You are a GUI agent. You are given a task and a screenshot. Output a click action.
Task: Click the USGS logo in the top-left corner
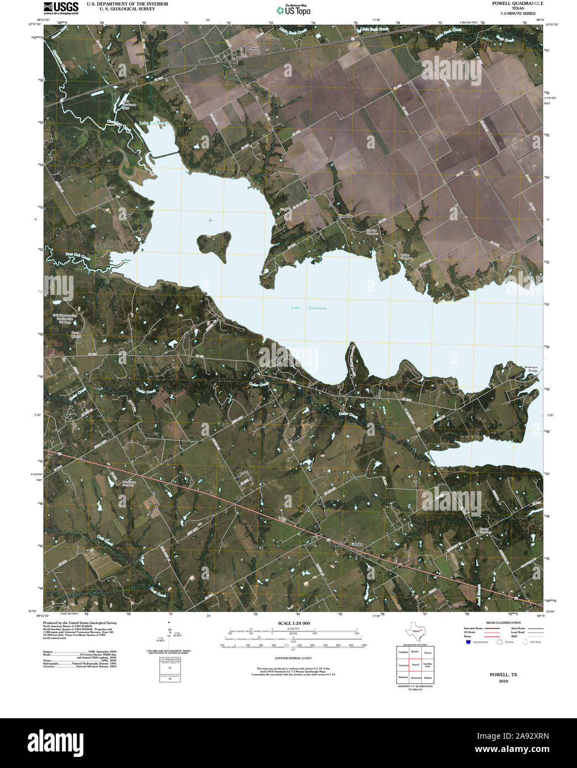click(x=61, y=7)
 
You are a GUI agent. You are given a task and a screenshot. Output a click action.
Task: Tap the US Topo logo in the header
click(x=293, y=10)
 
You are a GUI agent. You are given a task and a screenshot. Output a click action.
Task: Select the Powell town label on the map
click(x=253, y=49)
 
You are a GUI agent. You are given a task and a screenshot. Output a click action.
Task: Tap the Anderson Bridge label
click(x=531, y=369)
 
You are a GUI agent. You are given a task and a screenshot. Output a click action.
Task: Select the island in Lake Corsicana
click(x=214, y=244)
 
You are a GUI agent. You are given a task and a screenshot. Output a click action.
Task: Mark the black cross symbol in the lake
click(x=210, y=220)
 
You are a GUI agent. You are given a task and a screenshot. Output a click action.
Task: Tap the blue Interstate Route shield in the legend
click(x=468, y=642)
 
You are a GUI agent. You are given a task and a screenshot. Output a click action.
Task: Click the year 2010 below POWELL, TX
click(x=503, y=681)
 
